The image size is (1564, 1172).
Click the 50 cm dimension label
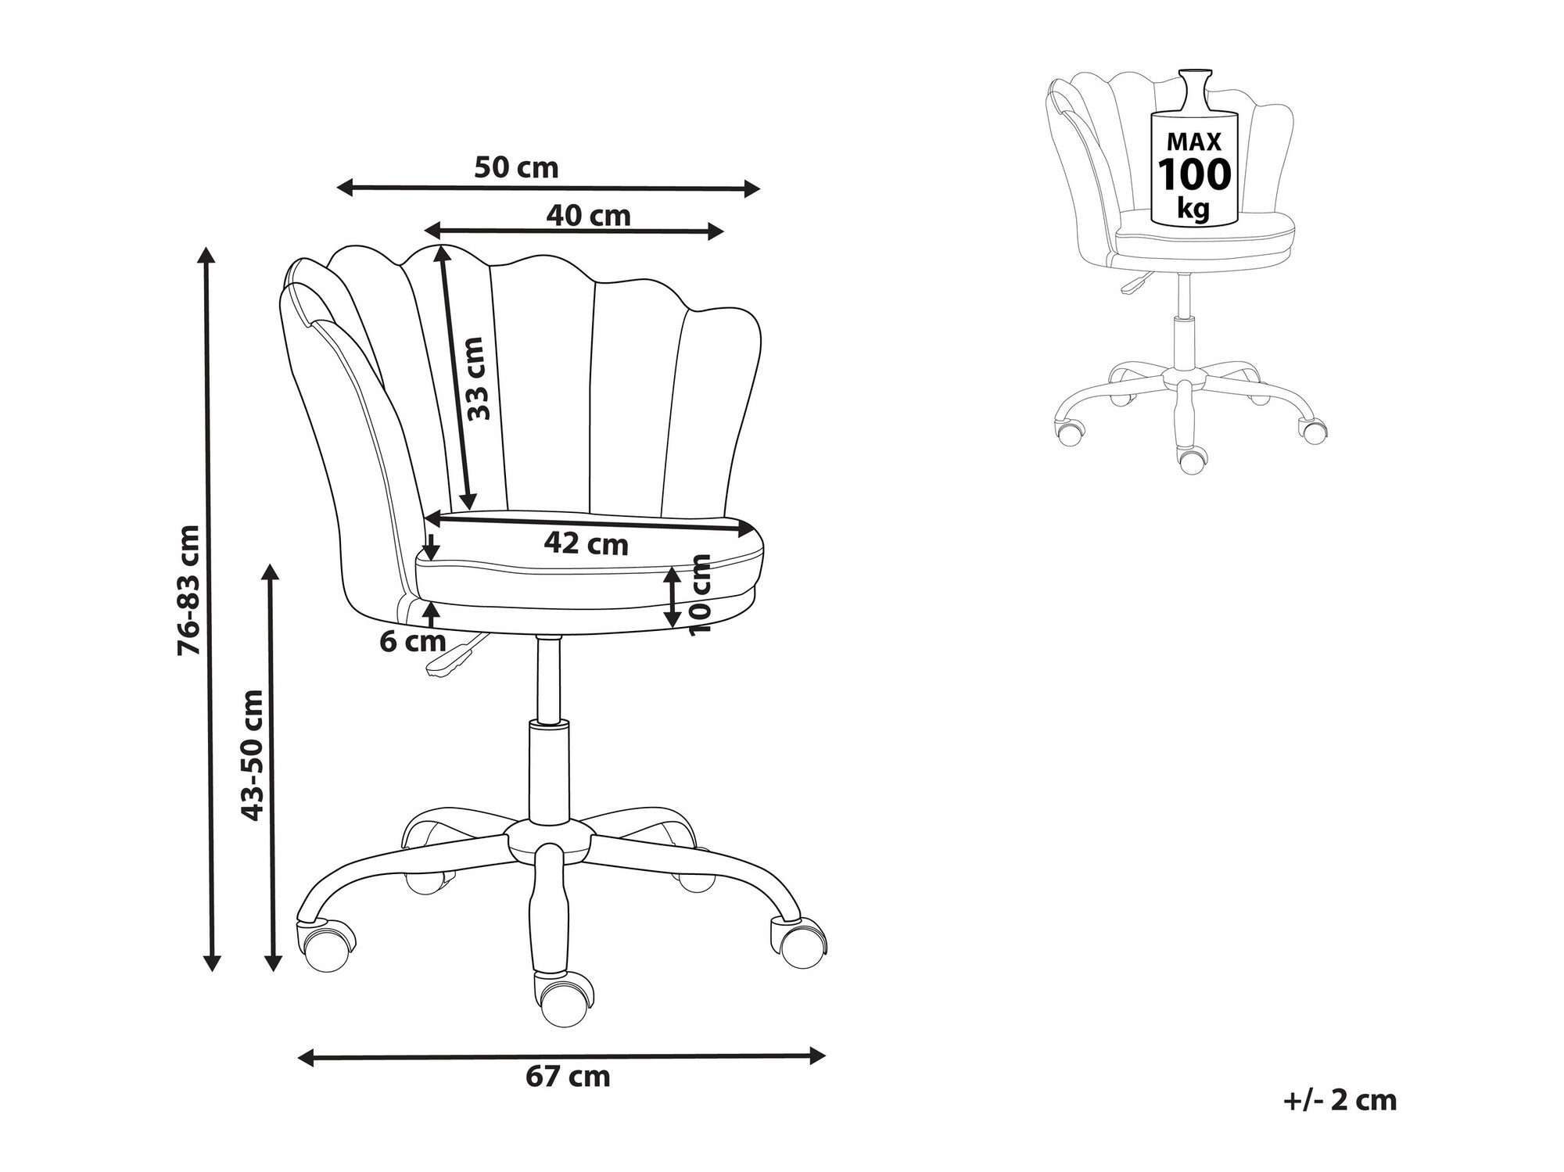[x=516, y=168]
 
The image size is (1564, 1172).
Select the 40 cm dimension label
[x=588, y=216]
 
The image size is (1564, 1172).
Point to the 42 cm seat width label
[x=586, y=544]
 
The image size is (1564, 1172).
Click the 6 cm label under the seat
[x=413, y=642]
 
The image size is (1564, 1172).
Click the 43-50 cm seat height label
[x=253, y=755]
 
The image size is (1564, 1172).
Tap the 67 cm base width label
[x=568, y=1077]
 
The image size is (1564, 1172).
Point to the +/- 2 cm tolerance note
[x=1340, y=1100]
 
